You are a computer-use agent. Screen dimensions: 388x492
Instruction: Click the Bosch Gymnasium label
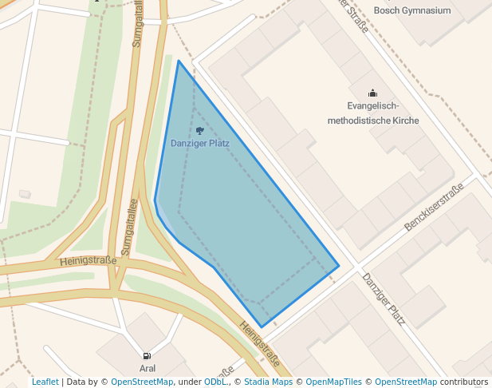[412, 10]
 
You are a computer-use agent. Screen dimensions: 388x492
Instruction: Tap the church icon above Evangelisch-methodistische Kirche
[372, 93]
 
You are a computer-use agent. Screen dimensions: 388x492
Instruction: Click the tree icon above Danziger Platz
[199, 131]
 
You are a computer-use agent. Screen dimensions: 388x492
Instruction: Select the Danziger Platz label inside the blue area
[200, 144]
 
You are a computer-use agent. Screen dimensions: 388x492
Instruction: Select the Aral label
[148, 368]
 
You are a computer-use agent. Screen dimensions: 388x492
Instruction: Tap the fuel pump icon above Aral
[147, 356]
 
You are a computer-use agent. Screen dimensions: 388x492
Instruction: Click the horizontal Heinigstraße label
[88, 260]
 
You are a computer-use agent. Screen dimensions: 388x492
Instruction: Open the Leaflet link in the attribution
[45, 382]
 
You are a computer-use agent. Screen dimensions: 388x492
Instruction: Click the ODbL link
[215, 382]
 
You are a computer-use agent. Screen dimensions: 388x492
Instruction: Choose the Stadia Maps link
[267, 382]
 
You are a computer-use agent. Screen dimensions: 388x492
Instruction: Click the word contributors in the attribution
[464, 382]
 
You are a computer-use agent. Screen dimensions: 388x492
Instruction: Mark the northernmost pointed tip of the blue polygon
[179, 61]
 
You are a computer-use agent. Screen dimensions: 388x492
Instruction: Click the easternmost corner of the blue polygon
[339, 266]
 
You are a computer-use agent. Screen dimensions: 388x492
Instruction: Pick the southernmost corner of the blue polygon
[262, 327]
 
